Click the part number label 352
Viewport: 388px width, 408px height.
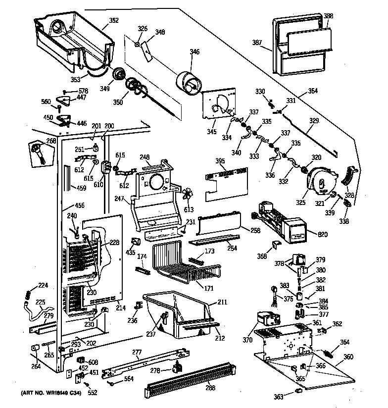114,21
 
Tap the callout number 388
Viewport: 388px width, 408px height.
329,16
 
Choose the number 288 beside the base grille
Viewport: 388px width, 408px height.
210,388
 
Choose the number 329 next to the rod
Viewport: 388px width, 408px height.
314,120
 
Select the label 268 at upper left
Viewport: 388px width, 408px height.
51,141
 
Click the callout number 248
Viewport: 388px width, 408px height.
145,157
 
